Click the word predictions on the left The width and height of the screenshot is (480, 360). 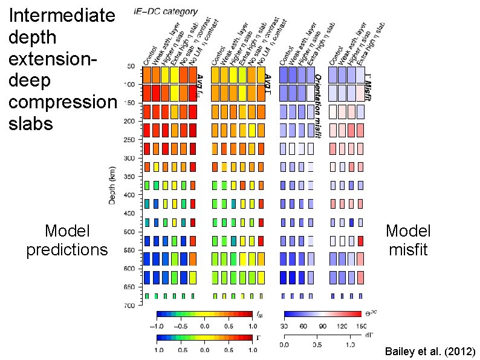coord(67,249)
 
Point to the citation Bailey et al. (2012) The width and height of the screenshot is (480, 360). coord(430,352)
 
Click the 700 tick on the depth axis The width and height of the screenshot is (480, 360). coord(129,306)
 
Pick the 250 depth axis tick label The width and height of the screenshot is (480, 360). coord(129,140)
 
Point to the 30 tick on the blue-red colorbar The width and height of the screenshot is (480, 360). coord(285,325)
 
